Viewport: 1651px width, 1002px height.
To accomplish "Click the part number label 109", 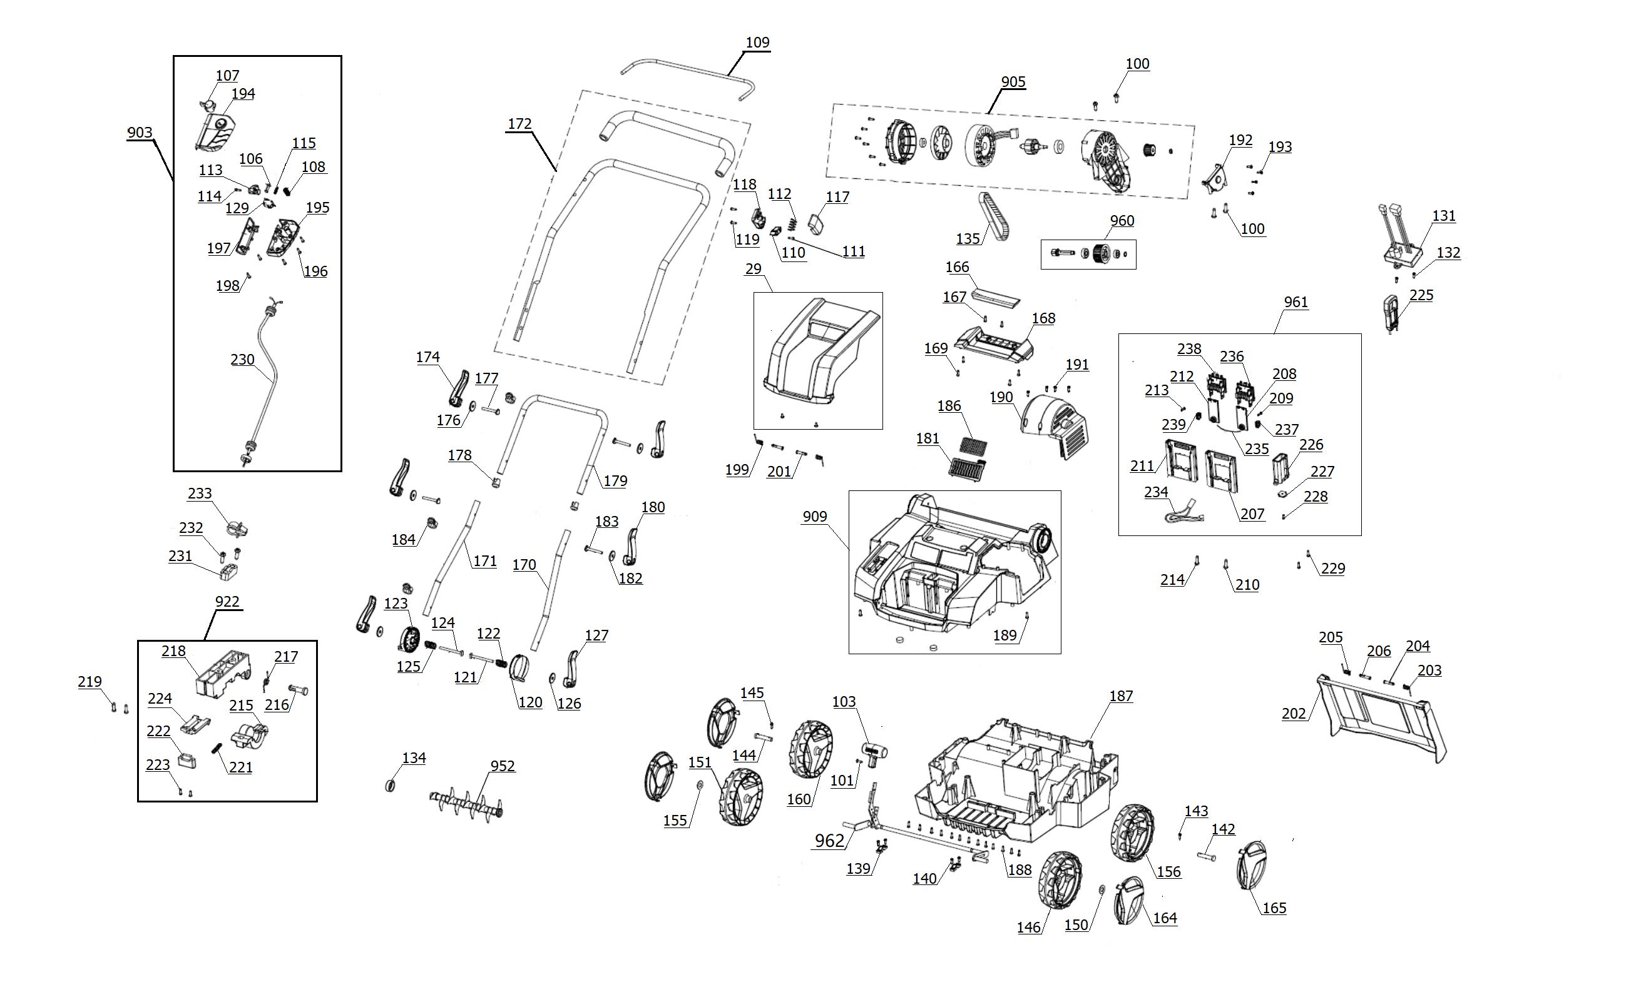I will [x=757, y=42].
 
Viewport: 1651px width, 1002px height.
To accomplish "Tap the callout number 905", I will [x=1013, y=82].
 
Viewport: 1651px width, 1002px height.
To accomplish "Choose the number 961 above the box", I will [x=1296, y=302].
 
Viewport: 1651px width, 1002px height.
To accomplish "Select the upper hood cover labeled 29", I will [x=819, y=352].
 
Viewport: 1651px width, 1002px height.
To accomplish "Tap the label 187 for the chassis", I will [x=1120, y=697].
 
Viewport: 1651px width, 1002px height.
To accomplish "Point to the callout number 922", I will [x=227, y=602].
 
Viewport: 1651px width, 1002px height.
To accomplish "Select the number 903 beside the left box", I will [x=140, y=133].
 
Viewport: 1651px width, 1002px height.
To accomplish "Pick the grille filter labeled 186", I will [x=973, y=444].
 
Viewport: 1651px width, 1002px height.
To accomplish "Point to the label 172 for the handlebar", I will [x=519, y=124].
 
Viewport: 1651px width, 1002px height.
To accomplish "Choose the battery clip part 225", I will [x=1391, y=312].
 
